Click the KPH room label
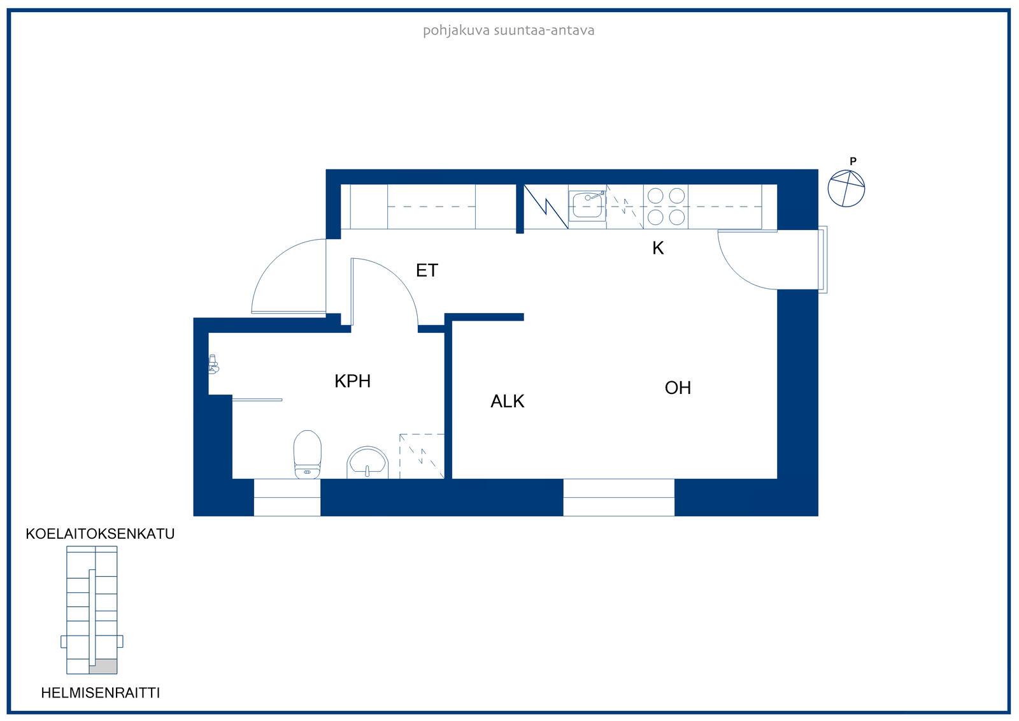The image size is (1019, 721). pos(353,381)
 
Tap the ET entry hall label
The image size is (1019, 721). pos(427,270)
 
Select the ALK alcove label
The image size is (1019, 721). pos(507,401)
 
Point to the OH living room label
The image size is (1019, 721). pos(678,388)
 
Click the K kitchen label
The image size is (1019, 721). pos(658,248)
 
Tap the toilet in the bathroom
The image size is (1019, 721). pos(308,454)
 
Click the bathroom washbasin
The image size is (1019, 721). pos(367,463)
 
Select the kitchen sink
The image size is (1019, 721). pos(587,206)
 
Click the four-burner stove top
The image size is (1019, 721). pos(666,207)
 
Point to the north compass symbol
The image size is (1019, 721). pos(846,189)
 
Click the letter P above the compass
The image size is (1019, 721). pos(853,161)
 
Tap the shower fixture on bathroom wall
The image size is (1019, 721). pos(213,365)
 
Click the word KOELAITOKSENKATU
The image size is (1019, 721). pos(100,534)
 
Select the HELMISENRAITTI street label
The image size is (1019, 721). pos(101,693)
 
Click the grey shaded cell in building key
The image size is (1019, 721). pos(103,666)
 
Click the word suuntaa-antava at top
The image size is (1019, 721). pos(544,31)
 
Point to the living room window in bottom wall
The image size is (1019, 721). pos(618,497)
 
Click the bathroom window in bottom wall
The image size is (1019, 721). pos(287,497)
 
